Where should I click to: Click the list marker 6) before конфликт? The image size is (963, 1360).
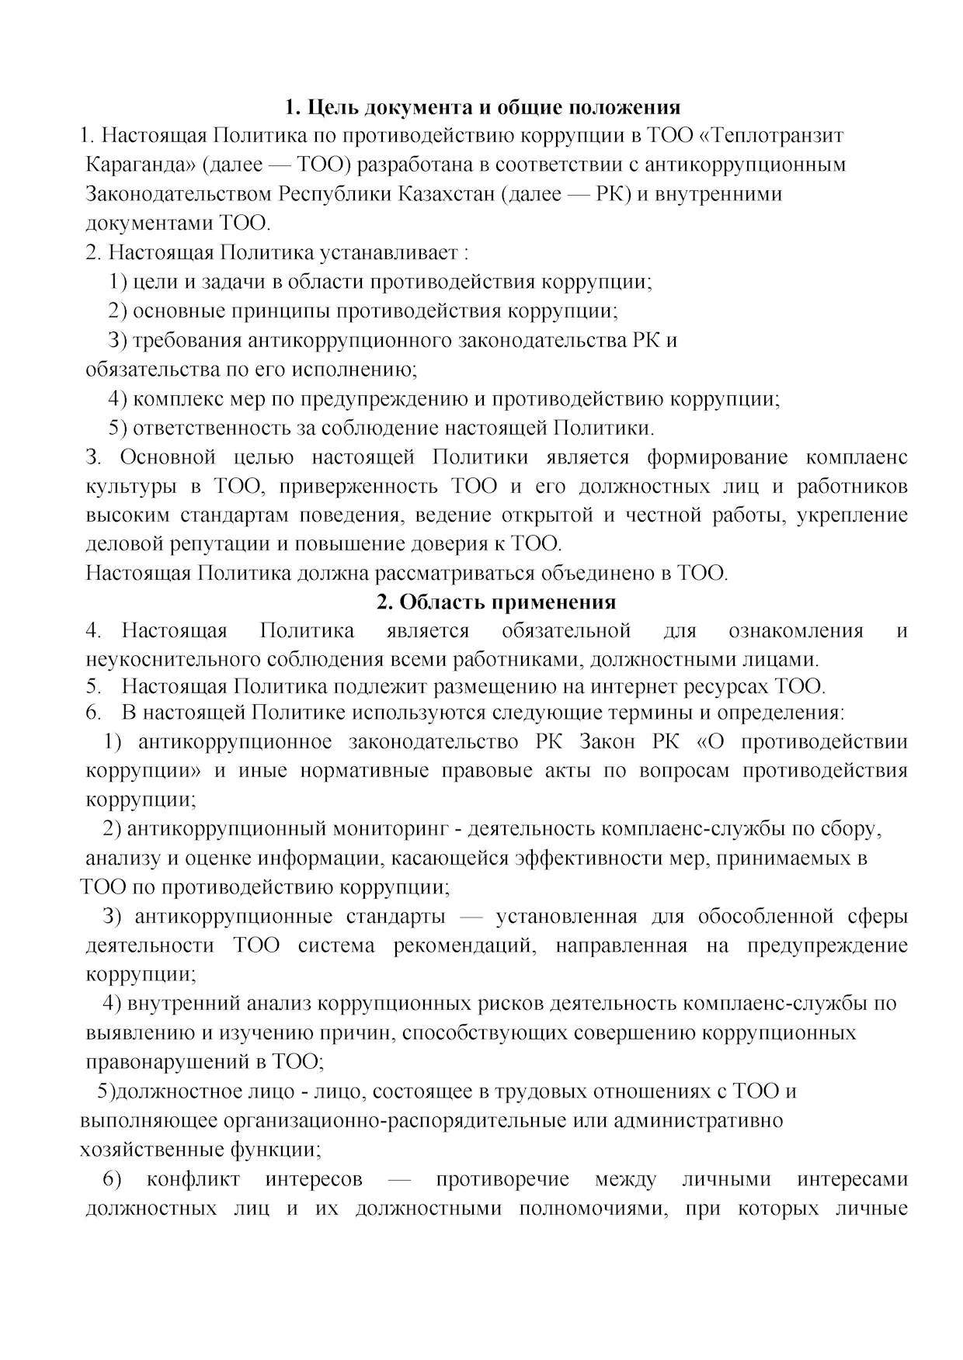(113, 1179)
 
